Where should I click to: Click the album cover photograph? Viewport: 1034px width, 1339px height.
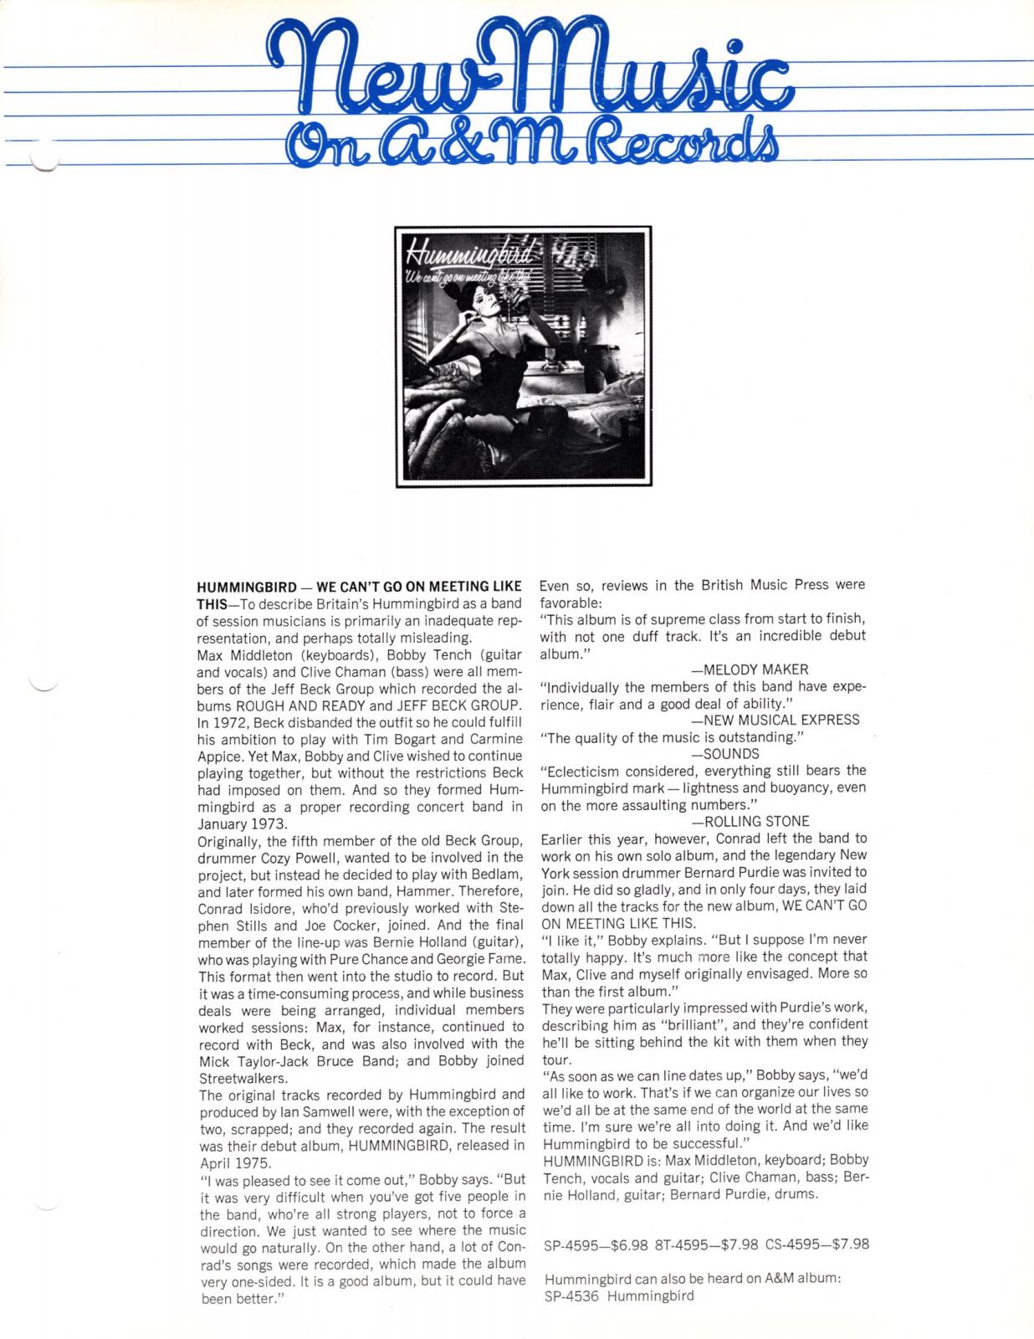point(524,356)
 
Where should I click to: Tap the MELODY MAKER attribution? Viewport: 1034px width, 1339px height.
point(750,669)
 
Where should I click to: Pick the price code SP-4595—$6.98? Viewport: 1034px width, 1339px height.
point(596,1244)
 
